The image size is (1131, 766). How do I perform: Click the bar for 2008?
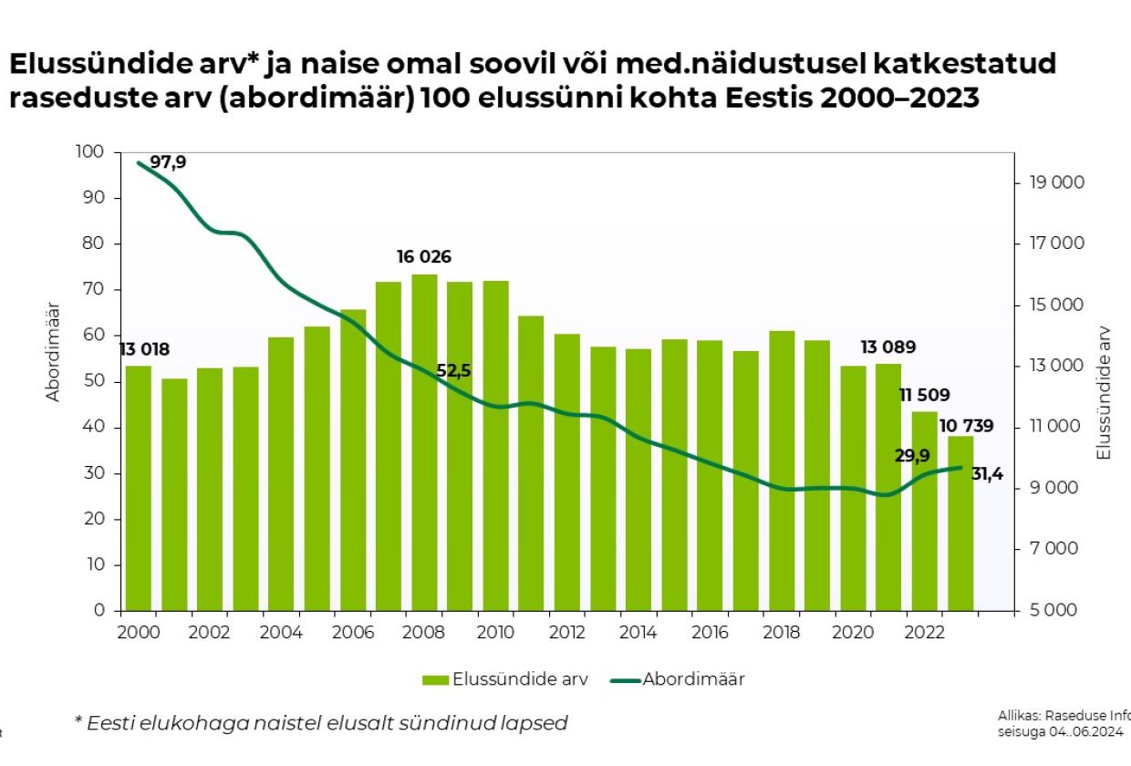pyautogui.click(x=424, y=442)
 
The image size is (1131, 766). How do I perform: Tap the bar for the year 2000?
pyautogui.click(x=138, y=488)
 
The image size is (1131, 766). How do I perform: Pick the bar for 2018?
pyautogui.click(x=782, y=471)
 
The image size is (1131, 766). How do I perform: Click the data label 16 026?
pyautogui.click(x=424, y=257)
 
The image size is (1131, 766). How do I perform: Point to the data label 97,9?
pyautogui.click(x=168, y=162)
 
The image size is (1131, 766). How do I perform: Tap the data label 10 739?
pyautogui.click(x=966, y=426)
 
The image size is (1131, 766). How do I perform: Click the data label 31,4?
pyautogui.click(x=987, y=473)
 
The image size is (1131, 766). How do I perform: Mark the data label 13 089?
pyautogui.click(x=888, y=347)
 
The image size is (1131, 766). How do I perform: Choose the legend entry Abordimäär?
pyautogui.click(x=693, y=679)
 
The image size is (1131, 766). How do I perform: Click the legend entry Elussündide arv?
pyautogui.click(x=520, y=679)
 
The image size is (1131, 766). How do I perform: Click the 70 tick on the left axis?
pyautogui.click(x=95, y=290)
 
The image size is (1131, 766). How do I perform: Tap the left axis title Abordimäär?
pyautogui.click(x=53, y=351)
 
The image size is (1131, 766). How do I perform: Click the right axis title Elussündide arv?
pyautogui.click(x=1104, y=392)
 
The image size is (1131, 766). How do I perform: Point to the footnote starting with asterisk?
pyautogui.click(x=320, y=723)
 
